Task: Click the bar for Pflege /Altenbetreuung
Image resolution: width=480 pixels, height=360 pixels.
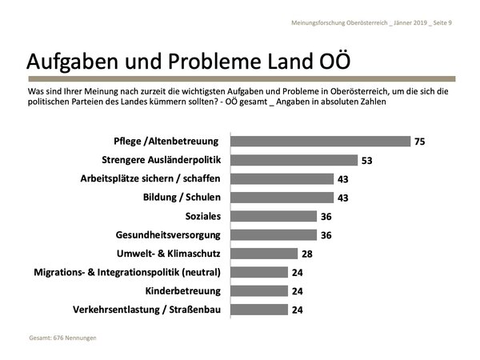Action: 320,142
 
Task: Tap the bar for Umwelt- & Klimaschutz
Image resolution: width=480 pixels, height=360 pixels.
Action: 263,254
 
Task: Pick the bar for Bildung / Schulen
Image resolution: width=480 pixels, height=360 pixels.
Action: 282,198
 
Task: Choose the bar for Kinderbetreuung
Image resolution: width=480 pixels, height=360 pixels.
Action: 258,290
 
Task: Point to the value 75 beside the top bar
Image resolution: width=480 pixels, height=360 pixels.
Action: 419,142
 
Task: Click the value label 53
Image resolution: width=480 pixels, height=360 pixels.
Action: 367,160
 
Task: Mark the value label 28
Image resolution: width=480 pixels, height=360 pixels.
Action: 306,254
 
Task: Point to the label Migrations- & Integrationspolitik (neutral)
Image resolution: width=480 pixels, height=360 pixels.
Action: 127,272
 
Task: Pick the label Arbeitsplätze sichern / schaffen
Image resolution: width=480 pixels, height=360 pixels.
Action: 150,178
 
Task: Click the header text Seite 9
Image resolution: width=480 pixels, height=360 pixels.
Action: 440,22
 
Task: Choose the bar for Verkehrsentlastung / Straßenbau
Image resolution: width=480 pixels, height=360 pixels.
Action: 258,309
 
